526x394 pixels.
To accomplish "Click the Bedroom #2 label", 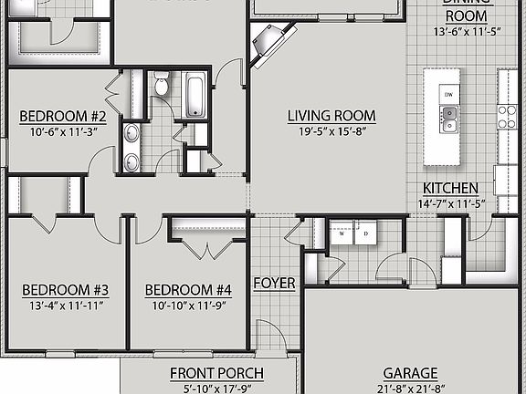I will tap(64, 117).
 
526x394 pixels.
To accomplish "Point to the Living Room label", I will tap(331, 116).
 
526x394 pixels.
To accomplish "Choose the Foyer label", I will tap(274, 283).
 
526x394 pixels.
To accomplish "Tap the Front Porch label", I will tap(216, 373).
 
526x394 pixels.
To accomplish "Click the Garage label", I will tap(410, 373).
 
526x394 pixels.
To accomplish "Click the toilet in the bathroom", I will tap(162, 86).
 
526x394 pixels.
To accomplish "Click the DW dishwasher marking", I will tap(448, 95).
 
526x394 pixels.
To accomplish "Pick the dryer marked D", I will tap(365, 233).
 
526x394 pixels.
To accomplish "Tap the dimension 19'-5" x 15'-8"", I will tap(331, 131).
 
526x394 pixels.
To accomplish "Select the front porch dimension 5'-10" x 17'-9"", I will tap(216, 388).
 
